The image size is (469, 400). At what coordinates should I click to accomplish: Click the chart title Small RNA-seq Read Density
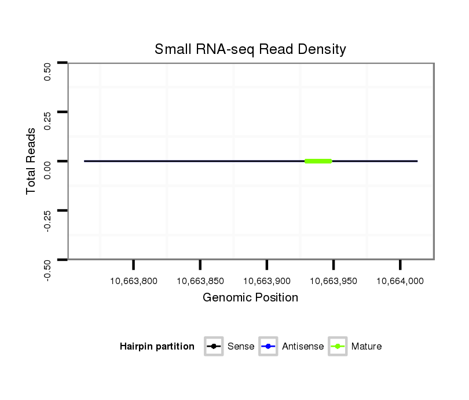250,49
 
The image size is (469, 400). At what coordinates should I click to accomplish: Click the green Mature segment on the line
318,161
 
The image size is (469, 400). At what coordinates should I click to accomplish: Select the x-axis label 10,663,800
133,281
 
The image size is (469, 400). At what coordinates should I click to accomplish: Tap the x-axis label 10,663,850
200,281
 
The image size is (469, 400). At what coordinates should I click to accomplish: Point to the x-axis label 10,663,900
266,281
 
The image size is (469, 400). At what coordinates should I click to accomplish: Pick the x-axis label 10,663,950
334,281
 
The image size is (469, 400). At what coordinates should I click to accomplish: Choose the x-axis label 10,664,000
400,281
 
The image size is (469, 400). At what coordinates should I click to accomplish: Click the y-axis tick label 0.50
48,71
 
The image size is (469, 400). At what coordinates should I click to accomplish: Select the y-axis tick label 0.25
48,121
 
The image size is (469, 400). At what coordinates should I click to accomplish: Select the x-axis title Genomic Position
250,298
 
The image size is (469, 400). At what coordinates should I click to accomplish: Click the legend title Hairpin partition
157,347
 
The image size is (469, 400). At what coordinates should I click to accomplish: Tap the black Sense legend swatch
214,347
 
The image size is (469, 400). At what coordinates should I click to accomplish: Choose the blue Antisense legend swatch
269,347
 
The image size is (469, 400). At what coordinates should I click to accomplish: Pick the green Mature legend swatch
338,347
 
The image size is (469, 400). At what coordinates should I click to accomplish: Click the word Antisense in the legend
303,347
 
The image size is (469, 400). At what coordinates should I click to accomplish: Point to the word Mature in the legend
367,347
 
